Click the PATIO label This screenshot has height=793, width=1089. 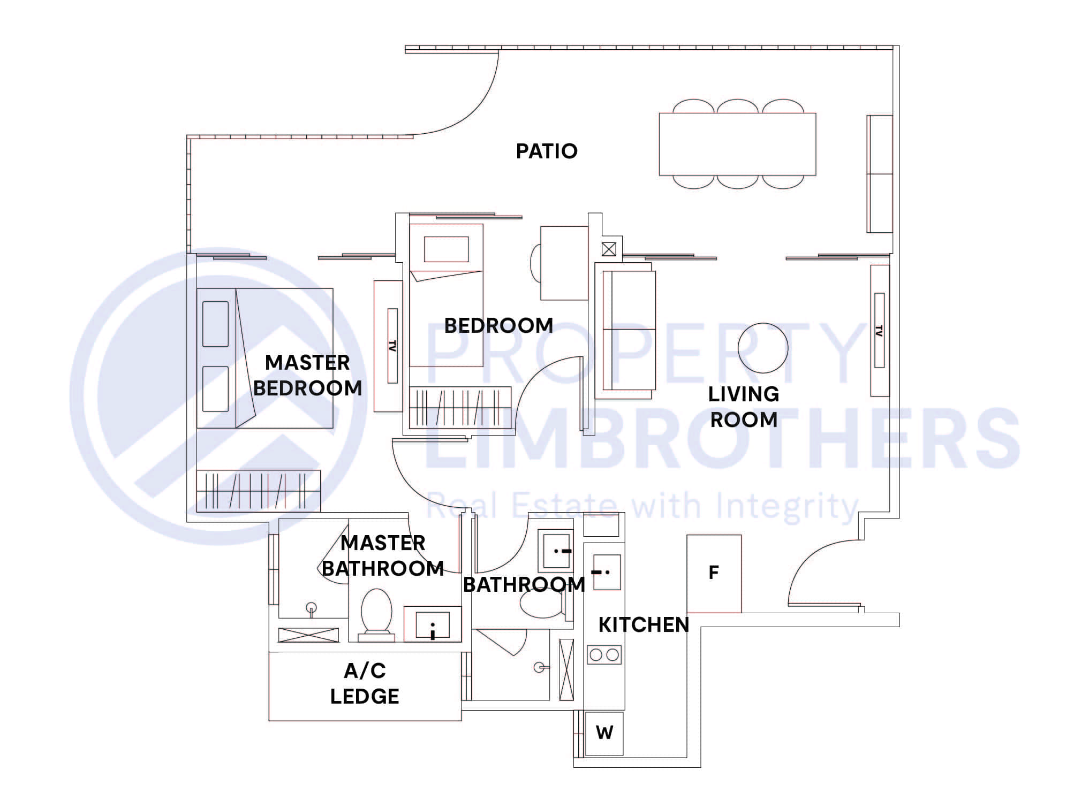[x=547, y=151]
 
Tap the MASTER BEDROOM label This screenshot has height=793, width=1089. [x=307, y=375]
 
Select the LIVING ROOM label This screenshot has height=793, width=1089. [x=743, y=407]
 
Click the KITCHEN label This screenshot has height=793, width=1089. [x=644, y=625]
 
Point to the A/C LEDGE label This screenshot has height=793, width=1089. [x=365, y=683]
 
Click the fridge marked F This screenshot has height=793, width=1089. [x=714, y=573]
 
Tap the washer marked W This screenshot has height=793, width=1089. [x=604, y=733]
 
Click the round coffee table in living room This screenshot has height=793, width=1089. [x=763, y=348]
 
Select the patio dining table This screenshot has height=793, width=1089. [x=737, y=144]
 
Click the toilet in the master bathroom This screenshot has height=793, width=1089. [x=376, y=613]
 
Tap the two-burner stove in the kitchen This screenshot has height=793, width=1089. [x=604, y=654]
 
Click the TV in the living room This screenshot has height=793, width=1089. [x=879, y=331]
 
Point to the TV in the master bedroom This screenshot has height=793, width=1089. [x=392, y=346]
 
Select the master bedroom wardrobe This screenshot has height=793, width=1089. [x=258, y=490]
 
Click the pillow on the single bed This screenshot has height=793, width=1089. [x=446, y=249]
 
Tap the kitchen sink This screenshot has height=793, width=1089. [x=607, y=572]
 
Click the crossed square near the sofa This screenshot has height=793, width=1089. [x=609, y=249]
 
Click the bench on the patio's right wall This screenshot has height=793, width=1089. [x=880, y=174]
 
